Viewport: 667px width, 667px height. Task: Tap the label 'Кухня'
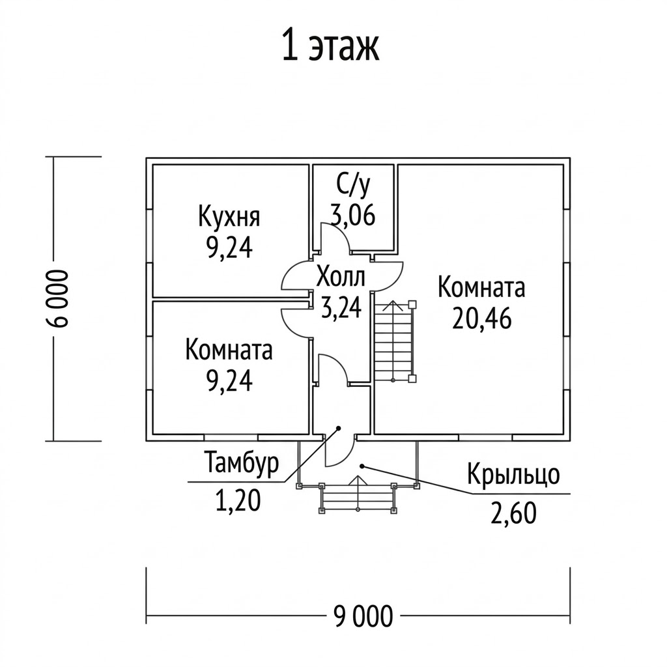(x=229, y=217)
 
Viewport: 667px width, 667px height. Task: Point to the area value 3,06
(x=353, y=214)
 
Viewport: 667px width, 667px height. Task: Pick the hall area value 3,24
(x=341, y=307)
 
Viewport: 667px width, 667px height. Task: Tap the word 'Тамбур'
(x=242, y=463)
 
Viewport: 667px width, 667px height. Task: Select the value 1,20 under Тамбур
(x=238, y=500)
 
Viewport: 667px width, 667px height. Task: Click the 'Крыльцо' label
(x=513, y=475)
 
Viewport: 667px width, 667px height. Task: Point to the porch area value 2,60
(x=513, y=513)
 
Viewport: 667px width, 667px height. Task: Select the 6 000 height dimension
(x=58, y=298)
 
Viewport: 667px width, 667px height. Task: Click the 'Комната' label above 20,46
(x=481, y=287)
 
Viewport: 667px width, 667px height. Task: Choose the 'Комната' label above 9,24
(x=229, y=350)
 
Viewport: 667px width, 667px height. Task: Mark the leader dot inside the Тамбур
(x=339, y=428)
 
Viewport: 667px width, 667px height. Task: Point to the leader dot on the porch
(x=362, y=466)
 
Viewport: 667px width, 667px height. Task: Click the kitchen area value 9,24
(x=229, y=248)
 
